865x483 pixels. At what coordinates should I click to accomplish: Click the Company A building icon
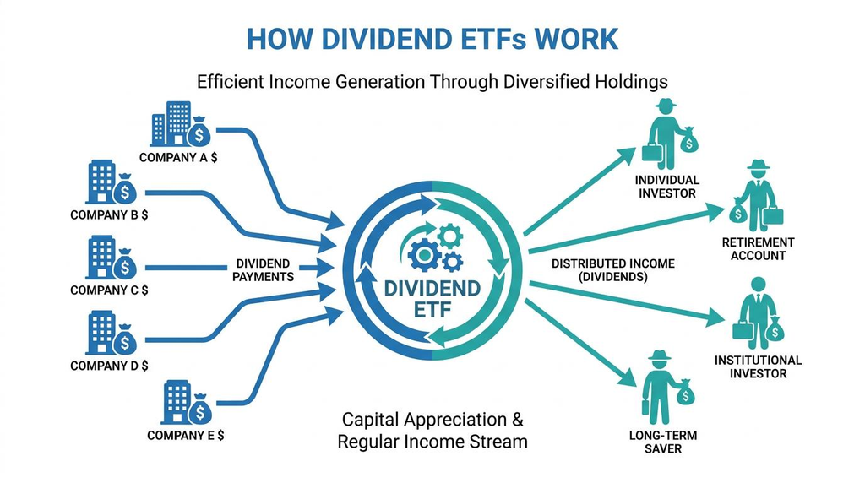pyautogui.click(x=171, y=123)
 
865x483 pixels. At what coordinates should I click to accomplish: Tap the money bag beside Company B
pyautogui.click(x=125, y=189)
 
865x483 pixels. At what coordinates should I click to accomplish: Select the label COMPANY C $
pyautogui.click(x=109, y=290)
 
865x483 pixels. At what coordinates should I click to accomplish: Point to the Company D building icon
pyautogui.click(x=101, y=333)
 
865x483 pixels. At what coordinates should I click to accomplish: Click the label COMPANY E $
pyautogui.click(x=185, y=435)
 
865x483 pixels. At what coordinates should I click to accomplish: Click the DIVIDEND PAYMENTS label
pyautogui.click(x=264, y=270)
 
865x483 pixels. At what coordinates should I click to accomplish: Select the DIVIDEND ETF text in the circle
pyautogui.click(x=432, y=298)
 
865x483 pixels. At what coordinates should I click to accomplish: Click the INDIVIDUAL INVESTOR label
pyautogui.click(x=667, y=187)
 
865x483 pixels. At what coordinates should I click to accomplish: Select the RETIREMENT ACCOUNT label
pyautogui.click(x=758, y=248)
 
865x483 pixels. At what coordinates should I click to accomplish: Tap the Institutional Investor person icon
pyautogui.click(x=758, y=313)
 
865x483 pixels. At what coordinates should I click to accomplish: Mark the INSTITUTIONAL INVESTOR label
pyautogui.click(x=758, y=366)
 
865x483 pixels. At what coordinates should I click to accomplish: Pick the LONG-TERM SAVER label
pyautogui.click(x=663, y=442)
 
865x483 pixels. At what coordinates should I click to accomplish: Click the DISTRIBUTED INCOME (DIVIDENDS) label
pyautogui.click(x=613, y=270)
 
